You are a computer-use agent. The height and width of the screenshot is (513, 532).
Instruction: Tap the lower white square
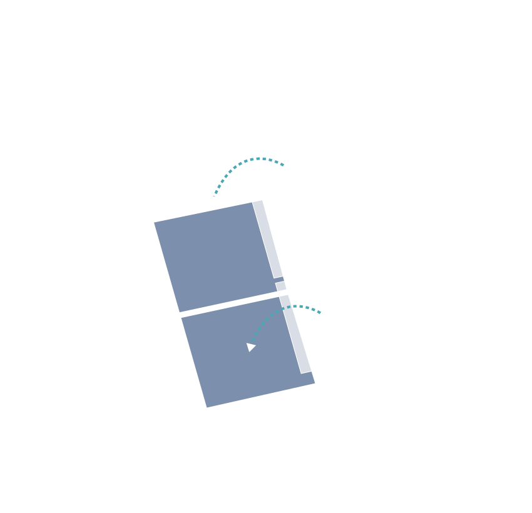pyautogui.click(x=347, y=316)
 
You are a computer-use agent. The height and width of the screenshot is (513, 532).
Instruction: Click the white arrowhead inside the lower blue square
pyautogui.click(x=251, y=347)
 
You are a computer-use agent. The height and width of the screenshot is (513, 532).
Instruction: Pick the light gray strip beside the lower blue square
pyautogui.click(x=296, y=335)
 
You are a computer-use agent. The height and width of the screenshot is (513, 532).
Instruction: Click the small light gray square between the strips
pyautogui.click(x=281, y=286)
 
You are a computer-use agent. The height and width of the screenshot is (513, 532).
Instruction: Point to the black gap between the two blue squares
pyautogui.click(x=228, y=304)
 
